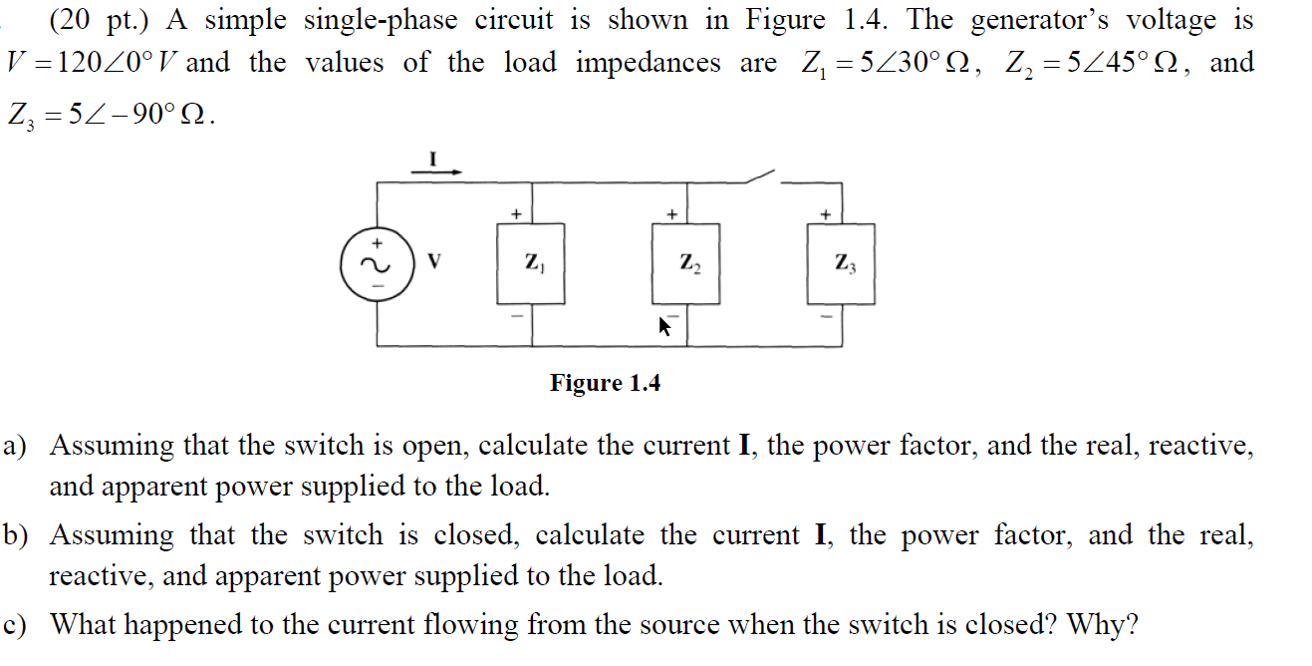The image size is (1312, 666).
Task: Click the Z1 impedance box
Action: (x=532, y=263)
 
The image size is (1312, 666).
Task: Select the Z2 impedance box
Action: (x=686, y=263)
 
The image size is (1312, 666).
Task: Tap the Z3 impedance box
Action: (x=842, y=263)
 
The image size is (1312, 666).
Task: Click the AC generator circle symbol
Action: (x=377, y=264)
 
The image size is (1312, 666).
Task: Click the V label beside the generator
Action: (x=433, y=263)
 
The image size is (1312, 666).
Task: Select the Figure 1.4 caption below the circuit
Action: (x=605, y=383)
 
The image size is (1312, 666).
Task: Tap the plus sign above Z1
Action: (x=516, y=213)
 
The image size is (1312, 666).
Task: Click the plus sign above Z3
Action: (x=825, y=213)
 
